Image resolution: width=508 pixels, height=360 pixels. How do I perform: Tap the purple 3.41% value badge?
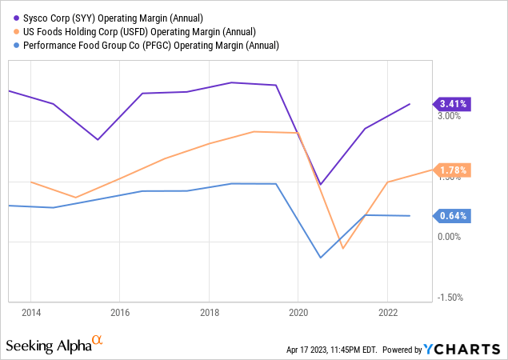coord(453,103)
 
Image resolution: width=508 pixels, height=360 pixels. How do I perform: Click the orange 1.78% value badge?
coord(453,170)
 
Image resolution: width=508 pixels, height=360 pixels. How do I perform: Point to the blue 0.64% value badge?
coord(453,215)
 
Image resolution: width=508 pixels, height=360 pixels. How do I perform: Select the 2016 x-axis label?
coord(120,313)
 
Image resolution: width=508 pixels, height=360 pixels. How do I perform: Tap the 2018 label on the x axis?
coord(209,313)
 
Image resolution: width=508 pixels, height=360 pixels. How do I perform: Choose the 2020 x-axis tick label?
coord(298,313)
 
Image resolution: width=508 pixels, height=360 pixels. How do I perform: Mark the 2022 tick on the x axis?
coord(387,313)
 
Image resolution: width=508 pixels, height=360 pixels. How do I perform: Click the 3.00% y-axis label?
coord(450,116)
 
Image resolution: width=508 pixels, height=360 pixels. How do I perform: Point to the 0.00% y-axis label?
coord(450,238)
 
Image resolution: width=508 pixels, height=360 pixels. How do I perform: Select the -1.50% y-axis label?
coord(448,298)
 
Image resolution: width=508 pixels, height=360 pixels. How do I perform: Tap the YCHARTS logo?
coord(472,350)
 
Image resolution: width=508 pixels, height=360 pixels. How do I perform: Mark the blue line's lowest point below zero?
coord(321,258)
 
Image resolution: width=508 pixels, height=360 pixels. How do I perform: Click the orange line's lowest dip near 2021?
coord(342,249)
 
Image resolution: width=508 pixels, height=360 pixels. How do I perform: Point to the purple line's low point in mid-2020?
coord(321,185)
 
